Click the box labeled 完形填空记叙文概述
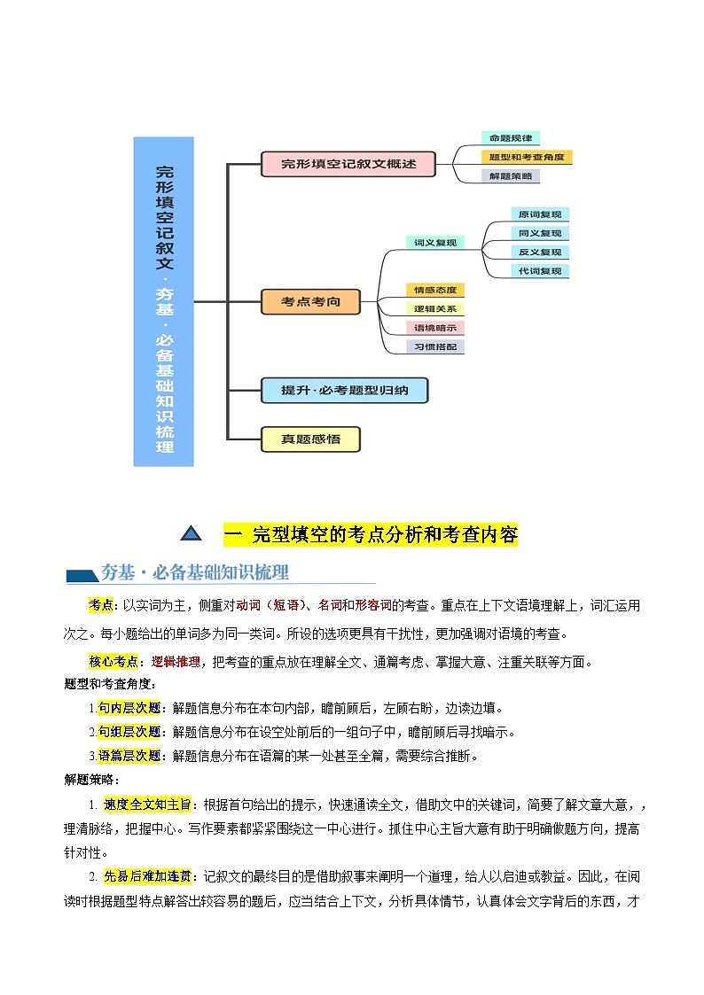tap(348, 164)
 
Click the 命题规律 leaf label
tap(511, 138)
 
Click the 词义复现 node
tap(434, 242)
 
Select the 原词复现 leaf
tap(539, 214)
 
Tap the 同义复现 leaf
tap(539, 233)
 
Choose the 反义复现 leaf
tap(539, 253)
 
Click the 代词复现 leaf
tap(539, 271)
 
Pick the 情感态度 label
tap(434, 290)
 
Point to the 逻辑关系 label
tap(434, 309)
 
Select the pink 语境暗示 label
tap(434, 328)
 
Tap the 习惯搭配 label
tap(434, 347)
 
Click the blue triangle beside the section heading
tap(191, 533)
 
